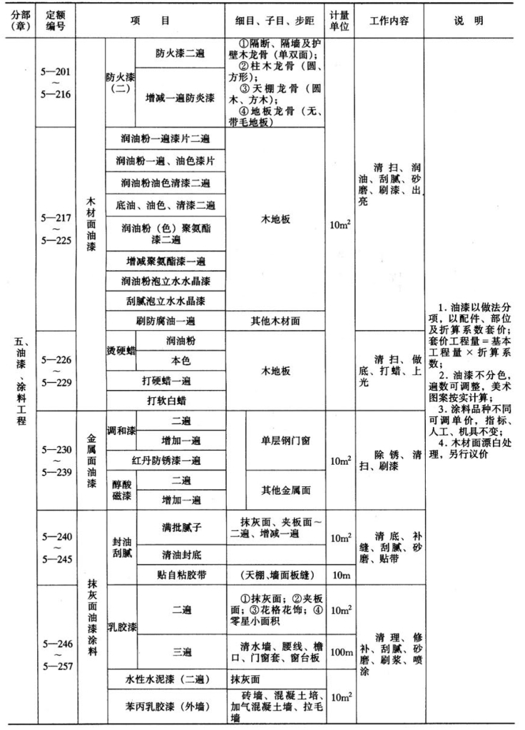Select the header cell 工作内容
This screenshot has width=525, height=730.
(388, 21)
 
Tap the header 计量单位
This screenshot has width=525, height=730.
(340, 21)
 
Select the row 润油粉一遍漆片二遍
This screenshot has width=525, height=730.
(165, 138)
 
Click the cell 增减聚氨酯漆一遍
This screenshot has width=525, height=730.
(165, 260)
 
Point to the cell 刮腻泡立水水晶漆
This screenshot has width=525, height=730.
(165, 301)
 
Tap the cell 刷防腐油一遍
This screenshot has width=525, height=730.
(165, 321)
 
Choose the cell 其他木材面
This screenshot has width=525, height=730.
(275, 321)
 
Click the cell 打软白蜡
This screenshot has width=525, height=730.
(165, 400)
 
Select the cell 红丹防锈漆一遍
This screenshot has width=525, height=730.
(165, 460)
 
